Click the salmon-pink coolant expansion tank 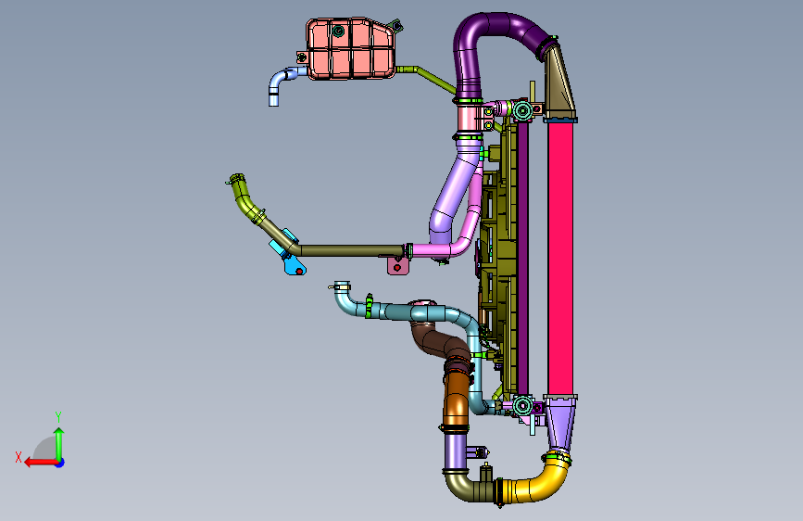(351, 49)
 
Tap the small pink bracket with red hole (398, 266)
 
